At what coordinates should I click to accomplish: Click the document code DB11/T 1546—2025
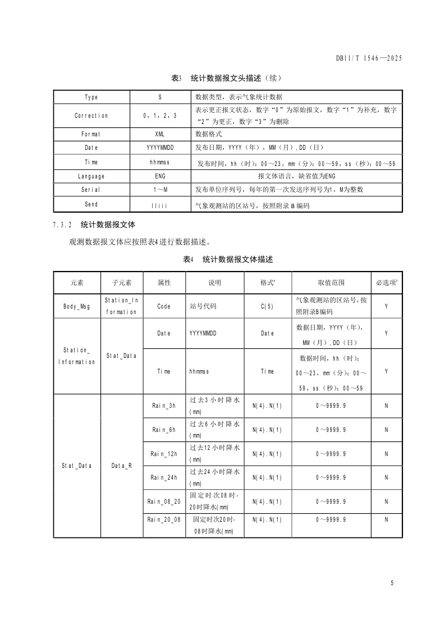click(369, 58)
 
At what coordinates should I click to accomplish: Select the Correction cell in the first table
click(91, 116)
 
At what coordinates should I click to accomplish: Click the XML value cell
click(160, 135)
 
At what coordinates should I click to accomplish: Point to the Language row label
click(91, 176)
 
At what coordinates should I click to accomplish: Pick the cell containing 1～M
click(160, 190)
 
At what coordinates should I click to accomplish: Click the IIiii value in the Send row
click(160, 206)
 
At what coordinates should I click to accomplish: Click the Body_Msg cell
click(76, 306)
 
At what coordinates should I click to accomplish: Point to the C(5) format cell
click(267, 307)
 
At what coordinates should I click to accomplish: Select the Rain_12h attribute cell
click(164, 453)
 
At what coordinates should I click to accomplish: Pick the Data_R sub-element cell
click(121, 466)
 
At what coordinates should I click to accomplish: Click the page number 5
click(392, 583)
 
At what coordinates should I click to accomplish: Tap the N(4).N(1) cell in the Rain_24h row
click(267, 477)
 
